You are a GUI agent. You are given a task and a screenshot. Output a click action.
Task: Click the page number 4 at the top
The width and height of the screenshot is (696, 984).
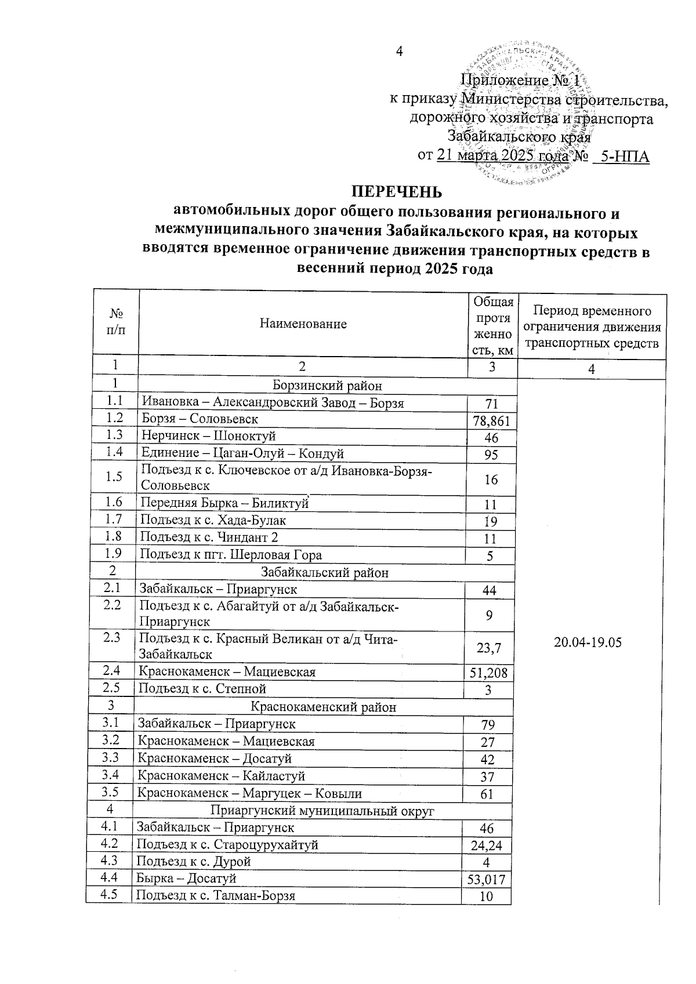pyautogui.click(x=398, y=51)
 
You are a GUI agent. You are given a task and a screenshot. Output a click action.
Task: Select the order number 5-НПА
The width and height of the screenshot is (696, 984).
pyautogui.click(x=624, y=157)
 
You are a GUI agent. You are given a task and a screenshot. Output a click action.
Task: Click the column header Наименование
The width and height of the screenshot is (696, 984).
pyautogui.click(x=303, y=324)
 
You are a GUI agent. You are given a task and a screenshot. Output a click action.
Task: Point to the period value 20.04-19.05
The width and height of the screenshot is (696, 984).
pyautogui.click(x=588, y=644)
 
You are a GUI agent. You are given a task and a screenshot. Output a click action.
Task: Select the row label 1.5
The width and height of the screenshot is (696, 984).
pyautogui.click(x=114, y=477)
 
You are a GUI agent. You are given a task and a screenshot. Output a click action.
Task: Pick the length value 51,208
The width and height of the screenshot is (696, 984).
pyautogui.click(x=488, y=673)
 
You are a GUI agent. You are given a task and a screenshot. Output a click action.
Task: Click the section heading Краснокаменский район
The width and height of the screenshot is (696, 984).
pyautogui.click(x=323, y=707)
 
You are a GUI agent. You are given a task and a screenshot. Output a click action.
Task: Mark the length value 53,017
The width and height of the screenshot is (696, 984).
pyautogui.click(x=486, y=880)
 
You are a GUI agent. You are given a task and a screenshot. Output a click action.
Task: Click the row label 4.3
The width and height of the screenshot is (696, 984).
pyautogui.click(x=109, y=861)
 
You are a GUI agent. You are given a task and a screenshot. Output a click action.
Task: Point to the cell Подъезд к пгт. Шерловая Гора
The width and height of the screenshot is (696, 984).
pyautogui.click(x=231, y=555)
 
